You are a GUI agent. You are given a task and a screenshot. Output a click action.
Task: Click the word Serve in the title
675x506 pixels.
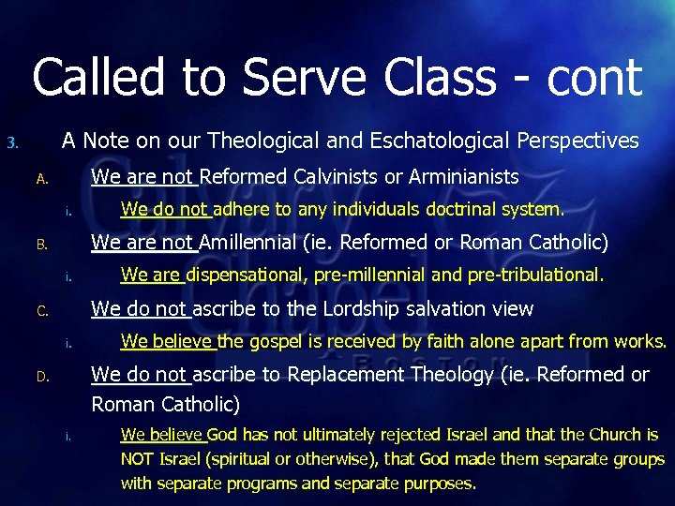pyautogui.click(x=315, y=77)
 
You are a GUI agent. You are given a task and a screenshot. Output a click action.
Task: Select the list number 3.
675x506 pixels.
pyautogui.click(x=11, y=143)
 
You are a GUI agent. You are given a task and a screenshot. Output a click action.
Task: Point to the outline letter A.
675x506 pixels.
pyautogui.click(x=41, y=179)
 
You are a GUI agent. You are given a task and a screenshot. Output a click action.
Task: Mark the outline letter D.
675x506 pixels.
pyautogui.click(x=41, y=378)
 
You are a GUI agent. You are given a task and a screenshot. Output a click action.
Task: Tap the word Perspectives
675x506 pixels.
pyautogui.click(x=574, y=141)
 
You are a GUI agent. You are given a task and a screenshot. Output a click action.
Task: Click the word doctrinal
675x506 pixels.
pyautogui.click(x=462, y=209)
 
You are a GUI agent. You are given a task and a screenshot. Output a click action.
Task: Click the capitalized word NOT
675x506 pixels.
pyautogui.click(x=140, y=460)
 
